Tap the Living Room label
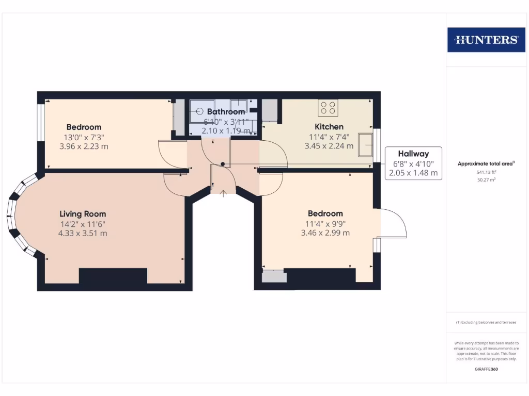pos(83,213)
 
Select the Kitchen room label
pos(329,127)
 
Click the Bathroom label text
pos(226,112)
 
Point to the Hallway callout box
pos(413,163)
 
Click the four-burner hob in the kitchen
pos(328,108)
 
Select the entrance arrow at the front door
pos(223,194)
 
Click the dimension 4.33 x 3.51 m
pos(83,233)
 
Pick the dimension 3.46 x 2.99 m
pos(325,233)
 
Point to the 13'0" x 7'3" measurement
pos(84,137)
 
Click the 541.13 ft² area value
pos(486,173)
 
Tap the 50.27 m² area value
pos(486,180)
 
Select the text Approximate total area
pos(486,164)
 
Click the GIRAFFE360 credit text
pos(486,369)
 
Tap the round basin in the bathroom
pos(199,110)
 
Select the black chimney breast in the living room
pos(113,276)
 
